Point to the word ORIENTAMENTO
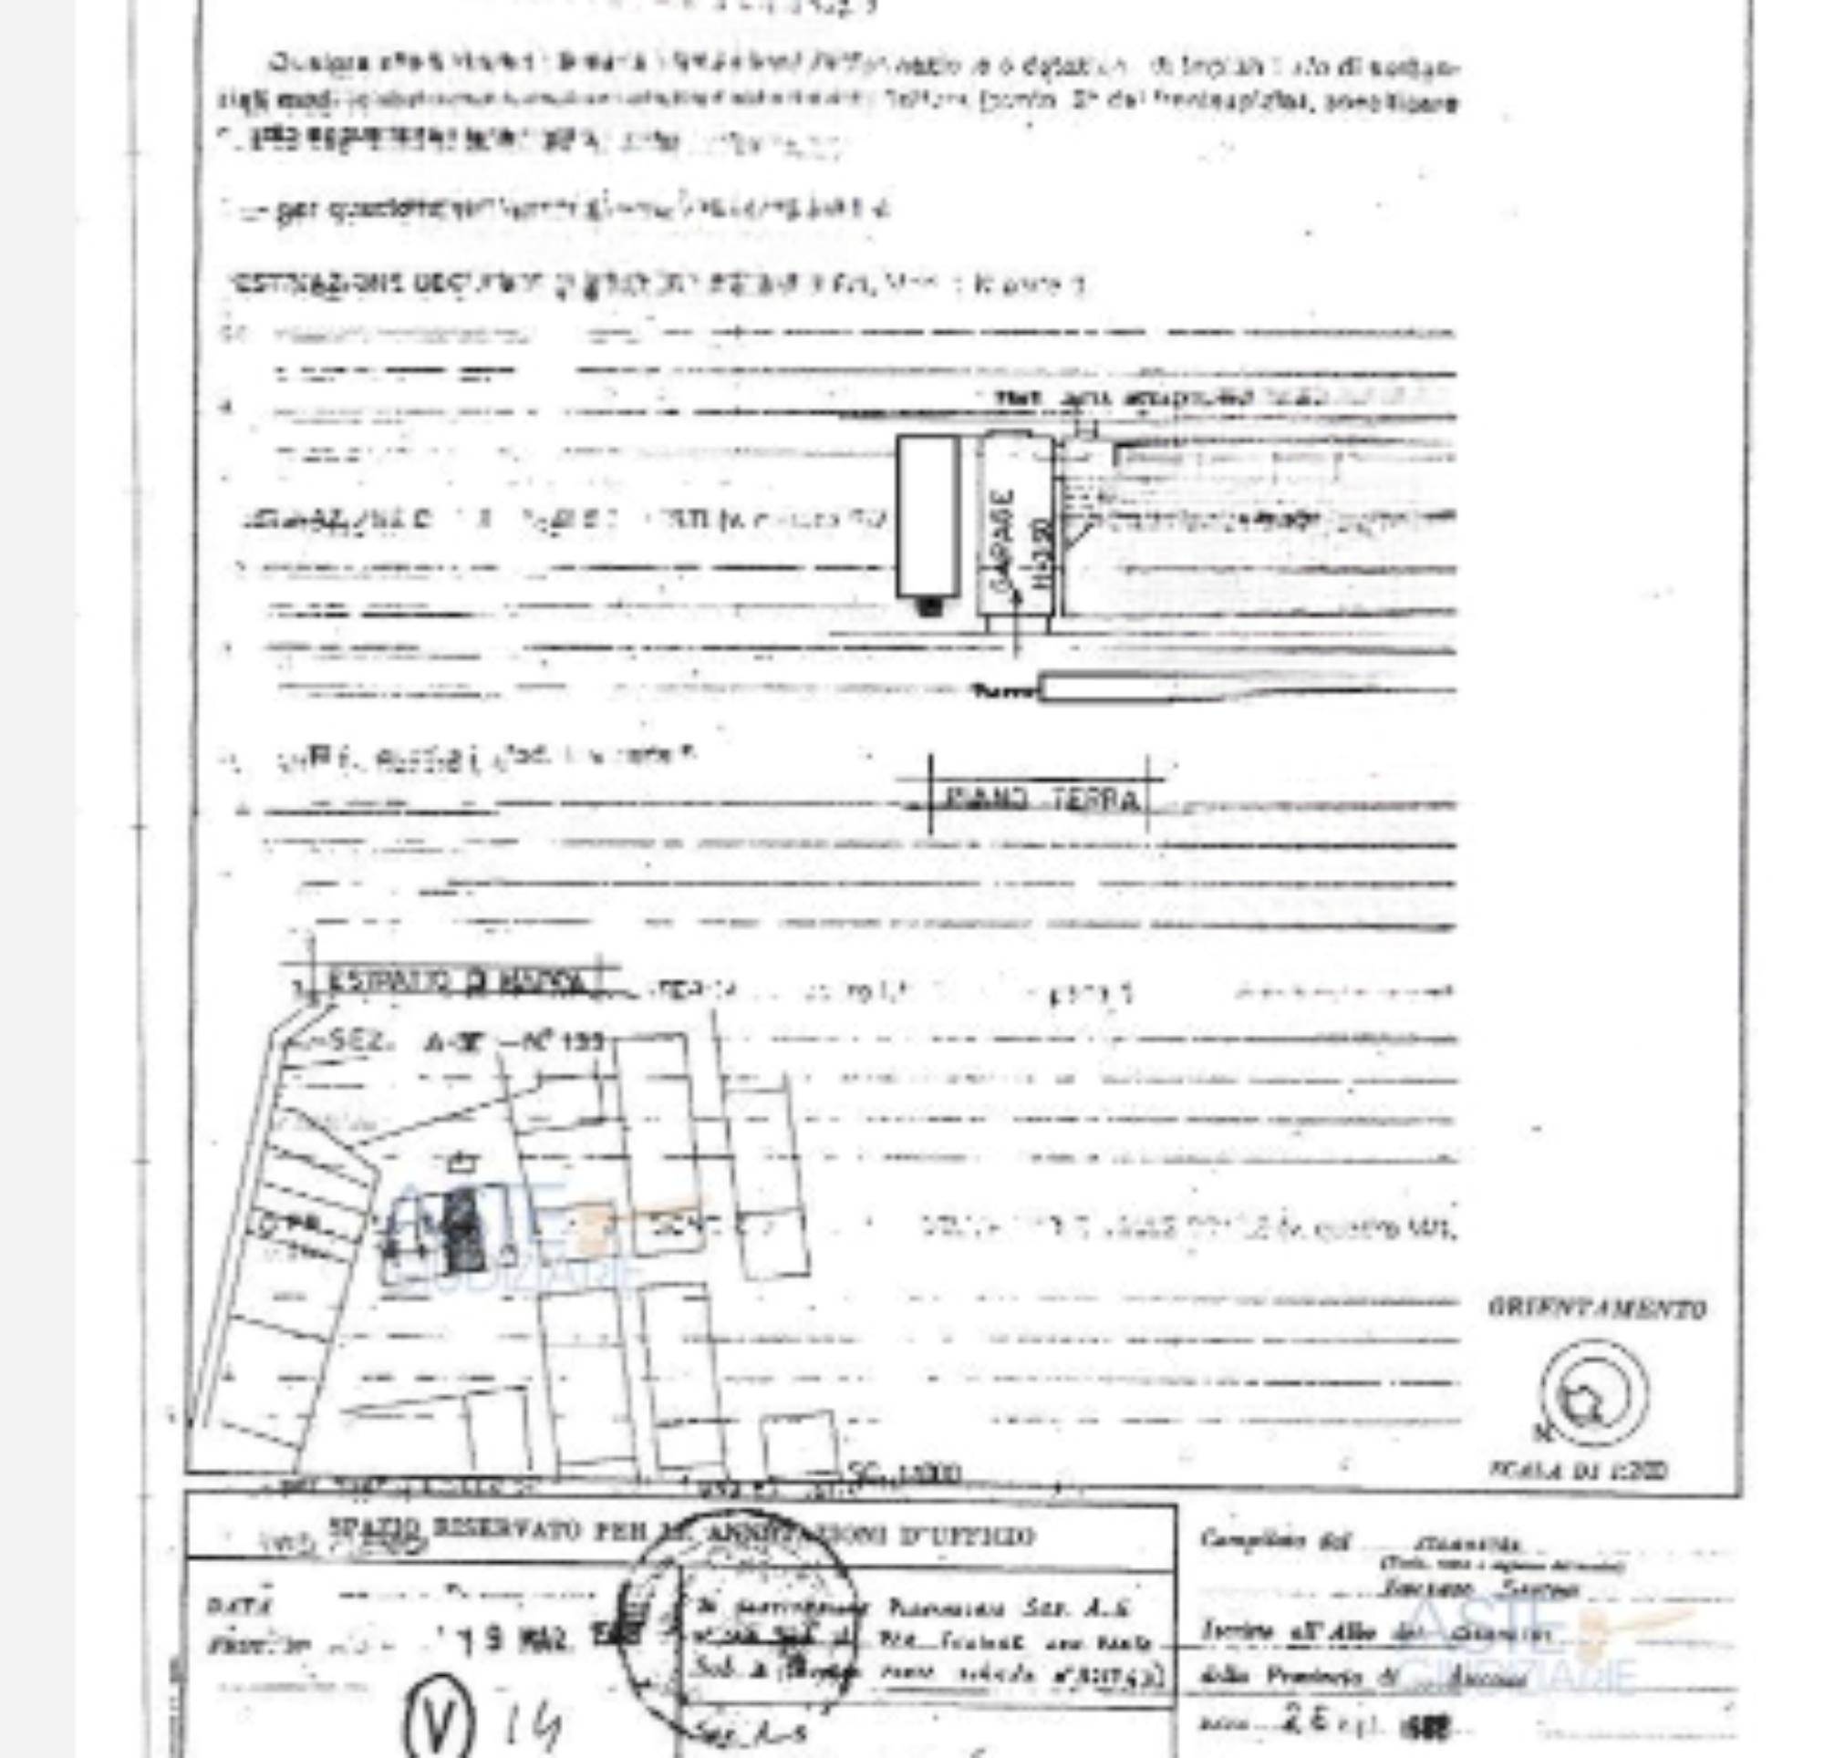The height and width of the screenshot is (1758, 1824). point(1597,1309)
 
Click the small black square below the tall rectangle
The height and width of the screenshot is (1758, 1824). point(927,605)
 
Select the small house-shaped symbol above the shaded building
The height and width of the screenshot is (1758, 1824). point(462,1162)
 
